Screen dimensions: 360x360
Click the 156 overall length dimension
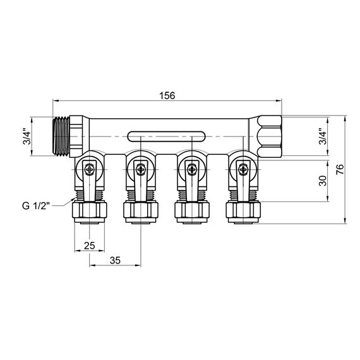(x=167, y=95)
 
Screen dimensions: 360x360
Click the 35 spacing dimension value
(x=114, y=260)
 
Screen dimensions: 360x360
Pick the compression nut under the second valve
(x=140, y=210)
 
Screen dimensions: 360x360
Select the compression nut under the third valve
(x=190, y=210)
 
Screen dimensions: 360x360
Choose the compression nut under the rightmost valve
(x=242, y=210)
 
